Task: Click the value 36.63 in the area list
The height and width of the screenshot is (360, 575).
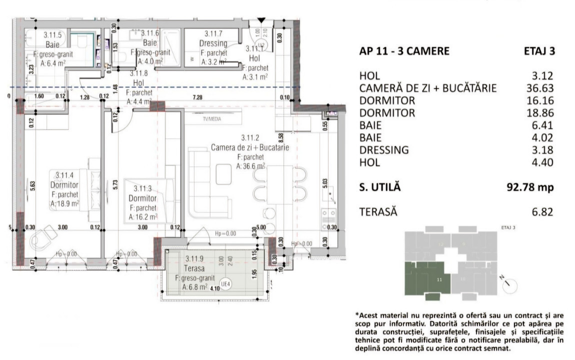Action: (x=540, y=88)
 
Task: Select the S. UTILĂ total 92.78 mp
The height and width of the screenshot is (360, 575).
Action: (x=530, y=187)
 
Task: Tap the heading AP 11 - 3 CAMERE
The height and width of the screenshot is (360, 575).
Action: (x=404, y=51)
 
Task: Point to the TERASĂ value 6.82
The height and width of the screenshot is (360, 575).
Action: (x=542, y=212)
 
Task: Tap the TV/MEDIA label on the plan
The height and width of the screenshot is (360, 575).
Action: (x=212, y=119)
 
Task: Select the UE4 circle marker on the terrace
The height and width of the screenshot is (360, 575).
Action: (x=225, y=284)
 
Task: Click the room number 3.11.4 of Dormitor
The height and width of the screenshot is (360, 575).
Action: (x=64, y=175)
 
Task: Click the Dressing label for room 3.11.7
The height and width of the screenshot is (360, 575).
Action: (x=213, y=43)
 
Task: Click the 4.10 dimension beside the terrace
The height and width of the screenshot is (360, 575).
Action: (x=215, y=288)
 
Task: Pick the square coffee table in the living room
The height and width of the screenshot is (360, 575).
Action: (x=223, y=173)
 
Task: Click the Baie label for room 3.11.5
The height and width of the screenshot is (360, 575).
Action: (x=52, y=44)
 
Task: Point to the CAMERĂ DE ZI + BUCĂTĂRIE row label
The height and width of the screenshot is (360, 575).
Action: (x=428, y=88)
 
